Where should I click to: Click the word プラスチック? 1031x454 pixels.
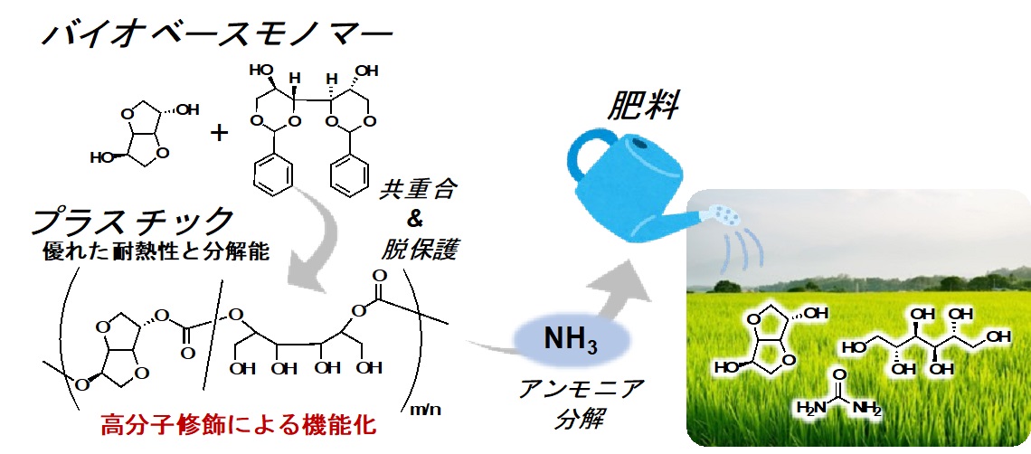[x=133, y=221]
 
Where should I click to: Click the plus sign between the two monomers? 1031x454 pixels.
[x=219, y=134]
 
